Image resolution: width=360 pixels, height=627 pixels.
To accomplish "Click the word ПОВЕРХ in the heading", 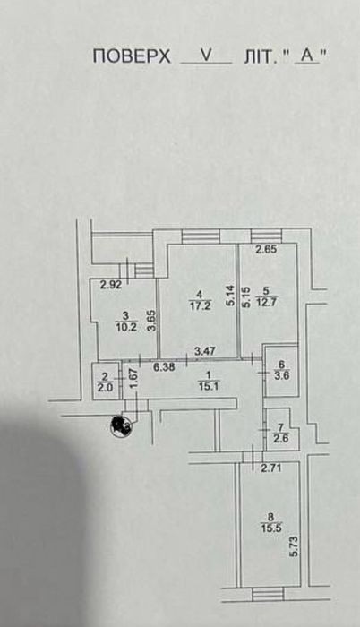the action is (132, 56).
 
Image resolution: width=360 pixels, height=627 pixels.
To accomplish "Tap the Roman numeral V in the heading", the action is (206, 56).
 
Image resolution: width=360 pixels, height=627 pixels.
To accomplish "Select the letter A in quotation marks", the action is (307, 56).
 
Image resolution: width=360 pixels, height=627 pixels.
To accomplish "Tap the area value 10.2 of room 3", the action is (126, 328).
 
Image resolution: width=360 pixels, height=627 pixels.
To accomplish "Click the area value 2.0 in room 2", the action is (105, 387).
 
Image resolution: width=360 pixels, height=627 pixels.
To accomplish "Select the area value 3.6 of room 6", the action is (281, 375).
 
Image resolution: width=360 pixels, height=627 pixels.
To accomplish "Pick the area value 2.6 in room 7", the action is (280, 437).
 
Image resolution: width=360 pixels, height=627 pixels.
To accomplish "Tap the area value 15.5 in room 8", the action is (271, 528).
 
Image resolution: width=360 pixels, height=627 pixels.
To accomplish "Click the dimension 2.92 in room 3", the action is (111, 285).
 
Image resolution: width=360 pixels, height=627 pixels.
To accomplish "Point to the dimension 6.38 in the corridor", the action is (164, 366).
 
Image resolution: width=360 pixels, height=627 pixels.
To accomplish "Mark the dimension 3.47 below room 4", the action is (205, 351).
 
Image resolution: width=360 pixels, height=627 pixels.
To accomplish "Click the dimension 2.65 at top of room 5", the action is (266, 250).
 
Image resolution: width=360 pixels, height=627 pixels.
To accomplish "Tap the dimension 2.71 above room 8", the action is (271, 468).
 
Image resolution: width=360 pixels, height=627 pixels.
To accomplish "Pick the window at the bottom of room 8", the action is (268, 594).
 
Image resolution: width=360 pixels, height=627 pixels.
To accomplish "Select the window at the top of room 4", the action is (201, 236).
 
